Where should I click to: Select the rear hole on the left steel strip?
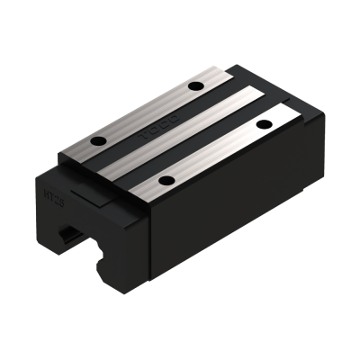[x=194, y=87]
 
